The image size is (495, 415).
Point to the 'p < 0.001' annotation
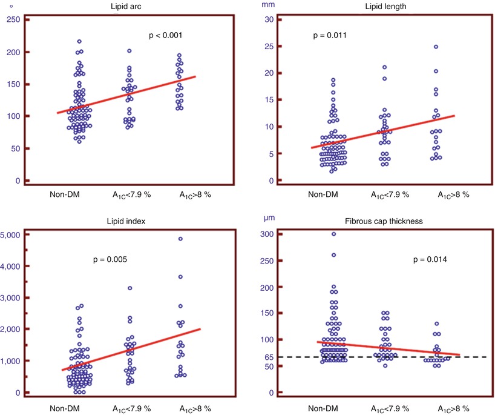(165, 36)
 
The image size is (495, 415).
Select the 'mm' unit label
(267, 4)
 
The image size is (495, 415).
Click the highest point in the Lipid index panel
(180, 239)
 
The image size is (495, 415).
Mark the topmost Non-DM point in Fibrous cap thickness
(332, 234)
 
